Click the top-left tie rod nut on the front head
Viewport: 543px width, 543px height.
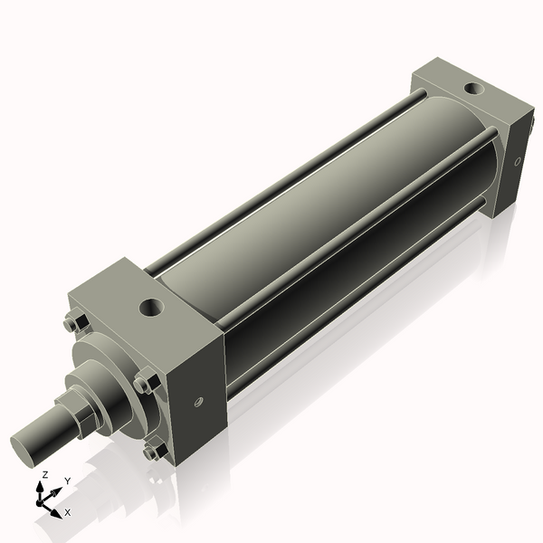[x=73, y=321]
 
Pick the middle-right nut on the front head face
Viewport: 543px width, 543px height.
[x=145, y=382]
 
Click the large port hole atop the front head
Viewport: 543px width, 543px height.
[x=150, y=308]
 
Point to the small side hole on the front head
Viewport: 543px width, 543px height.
[x=198, y=402]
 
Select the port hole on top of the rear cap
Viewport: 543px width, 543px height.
[x=472, y=89]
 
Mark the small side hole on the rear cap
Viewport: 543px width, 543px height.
[x=518, y=163]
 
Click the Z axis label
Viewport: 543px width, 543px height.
[x=45, y=474]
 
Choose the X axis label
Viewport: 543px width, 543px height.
[x=68, y=512]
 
